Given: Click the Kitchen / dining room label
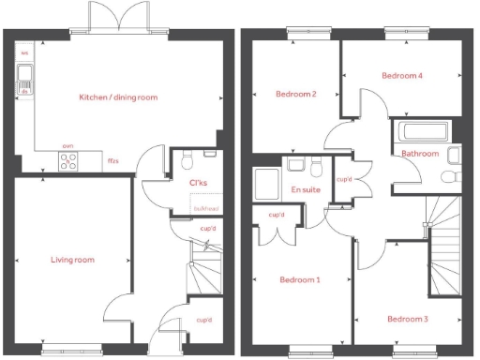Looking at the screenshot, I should (x=117, y=97).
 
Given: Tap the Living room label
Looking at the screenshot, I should (x=72, y=260).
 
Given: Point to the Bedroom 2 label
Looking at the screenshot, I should (x=294, y=94).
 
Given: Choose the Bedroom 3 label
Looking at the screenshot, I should (x=408, y=319).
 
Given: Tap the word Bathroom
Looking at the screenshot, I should (x=421, y=153).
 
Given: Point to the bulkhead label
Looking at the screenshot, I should (x=205, y=209).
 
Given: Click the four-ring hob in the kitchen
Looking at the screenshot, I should (x=68, y=161).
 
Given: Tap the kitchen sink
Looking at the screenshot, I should (x=24, y=81).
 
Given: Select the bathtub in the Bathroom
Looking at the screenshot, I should (x=422, y=131).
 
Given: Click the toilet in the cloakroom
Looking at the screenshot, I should (x=187, y=156).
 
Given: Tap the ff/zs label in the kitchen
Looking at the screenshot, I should (x=113, y=161).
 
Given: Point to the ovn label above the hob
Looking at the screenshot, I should (x=67, y=147).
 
